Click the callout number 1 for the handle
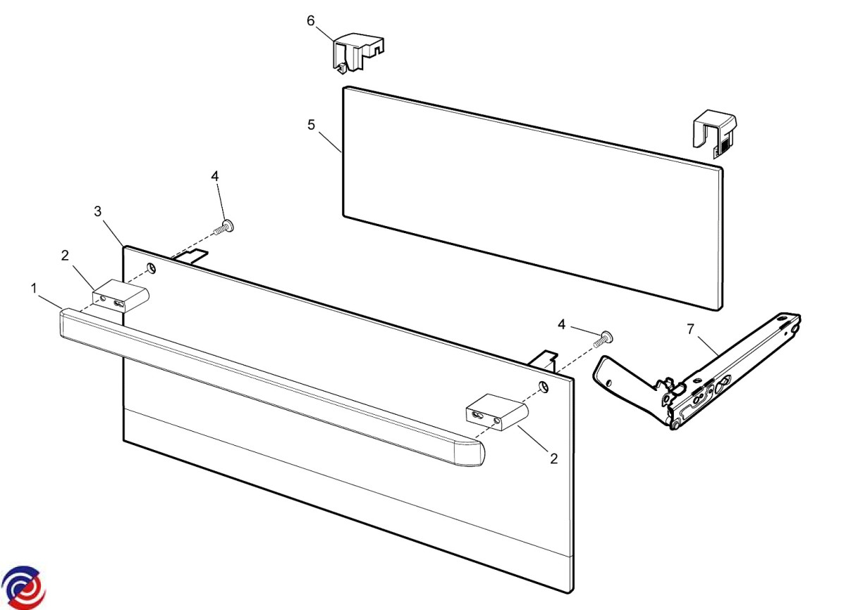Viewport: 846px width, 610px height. (34, 289)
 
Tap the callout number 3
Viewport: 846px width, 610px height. (98, 211)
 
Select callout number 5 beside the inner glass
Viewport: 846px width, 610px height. (311, 125)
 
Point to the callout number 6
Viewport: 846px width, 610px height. (310, 20)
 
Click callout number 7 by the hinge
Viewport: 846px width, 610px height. (691, 330)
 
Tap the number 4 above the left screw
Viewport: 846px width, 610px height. (215, 176)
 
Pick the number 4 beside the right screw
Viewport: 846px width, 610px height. (562, 325)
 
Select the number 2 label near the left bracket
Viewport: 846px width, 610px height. (65, 256)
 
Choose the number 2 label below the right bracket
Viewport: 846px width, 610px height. (553, 459)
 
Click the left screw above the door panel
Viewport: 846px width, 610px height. (223, 228)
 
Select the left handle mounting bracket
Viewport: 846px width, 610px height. (121, 296)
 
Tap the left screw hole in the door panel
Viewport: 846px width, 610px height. (152, 268)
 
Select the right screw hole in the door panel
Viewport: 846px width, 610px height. (544, 387)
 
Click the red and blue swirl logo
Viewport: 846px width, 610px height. (23, 587)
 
